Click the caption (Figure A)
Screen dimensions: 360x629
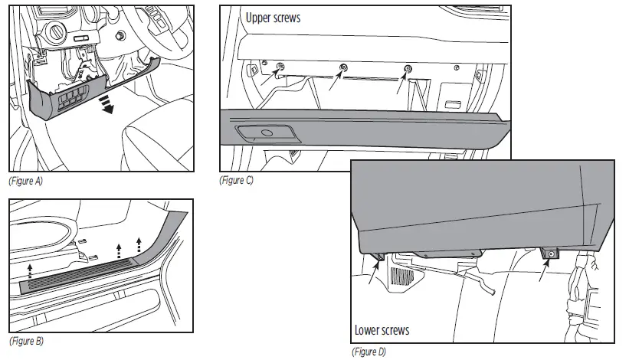click(25, 182)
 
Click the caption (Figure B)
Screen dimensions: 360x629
click(25, 341)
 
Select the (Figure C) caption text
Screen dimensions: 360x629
click(238, 182)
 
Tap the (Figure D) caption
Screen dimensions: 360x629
click(368, 352)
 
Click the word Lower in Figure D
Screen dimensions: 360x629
click(368, 330)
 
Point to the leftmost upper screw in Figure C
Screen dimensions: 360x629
click(280, 67)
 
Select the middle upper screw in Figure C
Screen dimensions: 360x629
click(343, 69)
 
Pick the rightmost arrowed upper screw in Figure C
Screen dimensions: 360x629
click(407, 70)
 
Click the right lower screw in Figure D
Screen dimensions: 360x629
click(550, 252)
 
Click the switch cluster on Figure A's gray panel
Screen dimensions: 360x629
click(73, 100)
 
